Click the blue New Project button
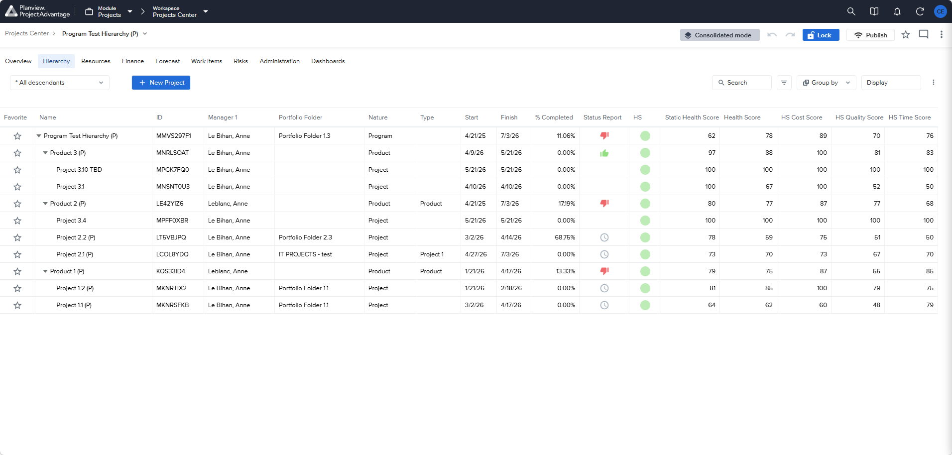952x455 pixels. pos(161,83)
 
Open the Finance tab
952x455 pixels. pos(133,61)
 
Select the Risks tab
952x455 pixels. pos(241,61)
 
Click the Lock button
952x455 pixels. pos(821,35)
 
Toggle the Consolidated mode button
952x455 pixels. pos(719,35)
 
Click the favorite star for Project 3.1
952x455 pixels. pos(17,187)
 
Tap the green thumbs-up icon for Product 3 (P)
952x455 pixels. pos(604,153)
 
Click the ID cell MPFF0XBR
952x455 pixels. pos(173,221)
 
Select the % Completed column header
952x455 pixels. pos(554,117)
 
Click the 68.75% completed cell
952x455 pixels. pos(565,237)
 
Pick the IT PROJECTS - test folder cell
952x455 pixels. pos(305,254)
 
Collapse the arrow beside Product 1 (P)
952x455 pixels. pos(45,271)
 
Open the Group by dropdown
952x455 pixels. pos(827,83)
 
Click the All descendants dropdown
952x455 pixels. pos(60,83)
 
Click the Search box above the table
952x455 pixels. pos(742,83)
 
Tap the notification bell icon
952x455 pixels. pos(897,11)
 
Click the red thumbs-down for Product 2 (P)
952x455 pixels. pos(604,203)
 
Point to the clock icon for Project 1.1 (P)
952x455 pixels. pos(604,305)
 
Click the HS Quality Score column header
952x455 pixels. pos(859,117)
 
